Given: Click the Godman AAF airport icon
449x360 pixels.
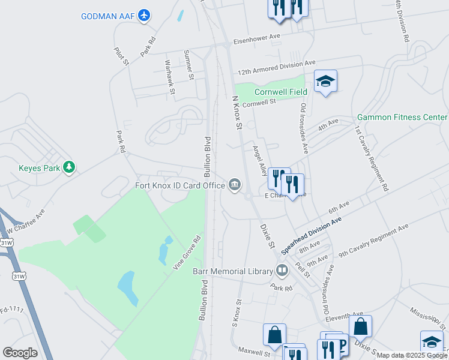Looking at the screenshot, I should click(x=144, y=15).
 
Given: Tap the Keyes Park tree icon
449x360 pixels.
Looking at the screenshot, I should click(x=70, y=167).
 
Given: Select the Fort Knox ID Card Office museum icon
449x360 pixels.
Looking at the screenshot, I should click(x=234, y=184).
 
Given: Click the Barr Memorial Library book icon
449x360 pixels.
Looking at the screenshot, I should click(x=282, y=271).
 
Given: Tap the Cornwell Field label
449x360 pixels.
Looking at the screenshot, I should click(x=280, y=92).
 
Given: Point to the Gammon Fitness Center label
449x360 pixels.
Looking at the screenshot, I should click(x=402, y=117).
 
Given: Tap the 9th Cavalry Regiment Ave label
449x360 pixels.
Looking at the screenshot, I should click(x=373, y=241).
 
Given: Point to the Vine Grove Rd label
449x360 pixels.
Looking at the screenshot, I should click(x=187, y=253).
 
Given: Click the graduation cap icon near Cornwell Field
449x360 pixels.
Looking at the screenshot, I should click(x=325, y=81).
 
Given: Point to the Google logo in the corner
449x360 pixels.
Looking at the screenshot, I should click(x=20, y=352).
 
